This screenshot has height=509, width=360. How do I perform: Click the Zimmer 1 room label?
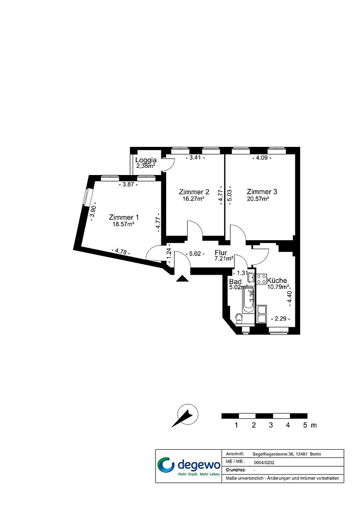[x=121, y=217]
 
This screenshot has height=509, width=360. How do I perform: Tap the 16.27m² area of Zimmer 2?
[x=193, y=199]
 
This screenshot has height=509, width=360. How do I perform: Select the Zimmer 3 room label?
[x=262, y=192]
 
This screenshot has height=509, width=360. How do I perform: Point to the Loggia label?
[x=146, y=160]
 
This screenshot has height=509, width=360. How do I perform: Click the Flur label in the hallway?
[x=221, y=253]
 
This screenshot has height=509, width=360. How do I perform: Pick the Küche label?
[x=277, y=280]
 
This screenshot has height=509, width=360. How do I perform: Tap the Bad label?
[x=235, y=281]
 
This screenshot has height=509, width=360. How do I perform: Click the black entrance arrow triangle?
[x=182, y=279]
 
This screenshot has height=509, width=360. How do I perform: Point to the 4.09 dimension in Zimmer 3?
[x=262, y=158]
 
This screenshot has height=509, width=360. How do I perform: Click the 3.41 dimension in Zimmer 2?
[x=195, y=158]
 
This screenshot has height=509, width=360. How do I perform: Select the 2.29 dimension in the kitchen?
[x=280, y=319]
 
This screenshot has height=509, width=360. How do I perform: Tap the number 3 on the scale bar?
[x=271, y=425]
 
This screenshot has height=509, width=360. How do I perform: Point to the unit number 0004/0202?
[x=264, y=463]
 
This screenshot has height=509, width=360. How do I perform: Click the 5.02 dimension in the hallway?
[x=195, y=254]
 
